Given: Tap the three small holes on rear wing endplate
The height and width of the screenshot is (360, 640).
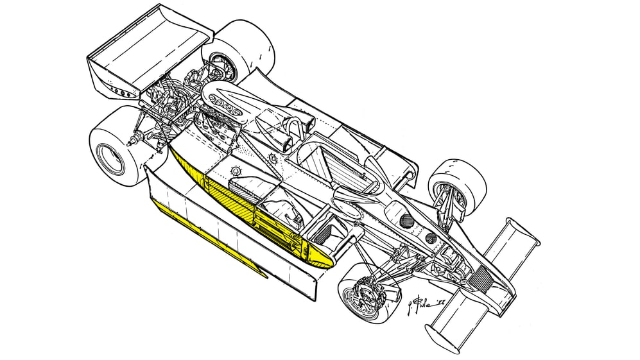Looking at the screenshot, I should (123, 92).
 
